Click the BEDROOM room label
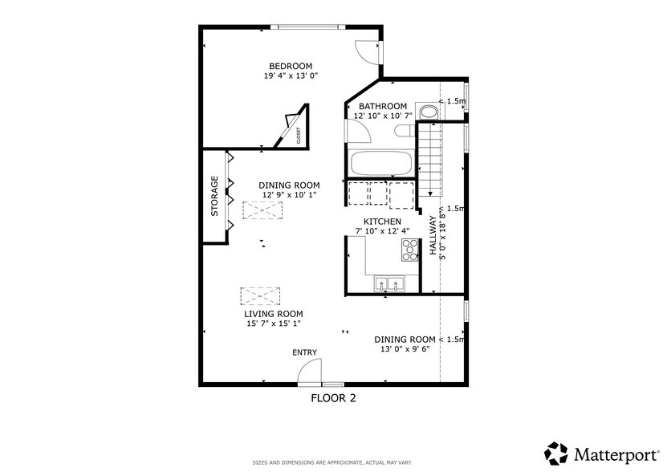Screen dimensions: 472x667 pos(290,66)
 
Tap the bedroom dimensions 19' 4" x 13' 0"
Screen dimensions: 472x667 pos(290,76)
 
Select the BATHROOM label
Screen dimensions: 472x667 pos(382,106)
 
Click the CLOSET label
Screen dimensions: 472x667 pos(299,136)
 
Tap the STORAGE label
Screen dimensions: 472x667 pos(214,196)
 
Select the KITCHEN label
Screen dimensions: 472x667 pos(382,222)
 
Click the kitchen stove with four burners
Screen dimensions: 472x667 pos(409,251)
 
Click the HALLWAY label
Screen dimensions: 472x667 pos(432,236)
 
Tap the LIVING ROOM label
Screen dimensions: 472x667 pos(274,314)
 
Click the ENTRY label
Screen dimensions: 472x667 pos(304,352)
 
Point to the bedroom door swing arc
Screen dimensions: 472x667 pos(368,51)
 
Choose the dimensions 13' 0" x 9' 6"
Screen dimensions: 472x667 pos(406,349)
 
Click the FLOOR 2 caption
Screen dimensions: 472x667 pos(333,397)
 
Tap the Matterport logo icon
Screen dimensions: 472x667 pos(556,453)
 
